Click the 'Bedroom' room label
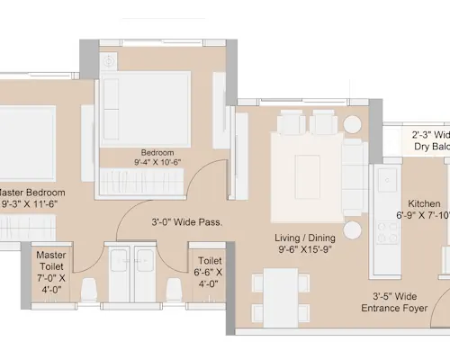tap(157, 152)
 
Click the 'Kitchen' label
tap(424, 203)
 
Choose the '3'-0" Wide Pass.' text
tap(186, 221)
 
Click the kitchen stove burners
tap(388, 231)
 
